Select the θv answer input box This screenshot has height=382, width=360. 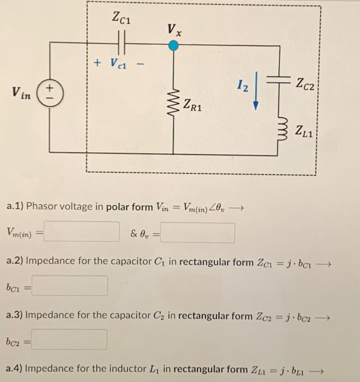pyautogui.click(x=197, y=232)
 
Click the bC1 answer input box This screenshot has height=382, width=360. pyautogui.click(x=69, y=285)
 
